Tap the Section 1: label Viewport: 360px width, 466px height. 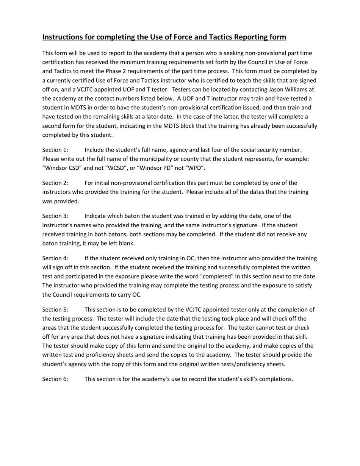55,150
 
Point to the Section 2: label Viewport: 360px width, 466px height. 55,183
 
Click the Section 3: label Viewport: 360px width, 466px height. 55,216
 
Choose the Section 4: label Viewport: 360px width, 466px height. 55,258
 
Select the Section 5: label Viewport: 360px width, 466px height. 55,310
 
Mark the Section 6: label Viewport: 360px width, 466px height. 55,379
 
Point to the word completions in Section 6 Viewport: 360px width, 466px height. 277,379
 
